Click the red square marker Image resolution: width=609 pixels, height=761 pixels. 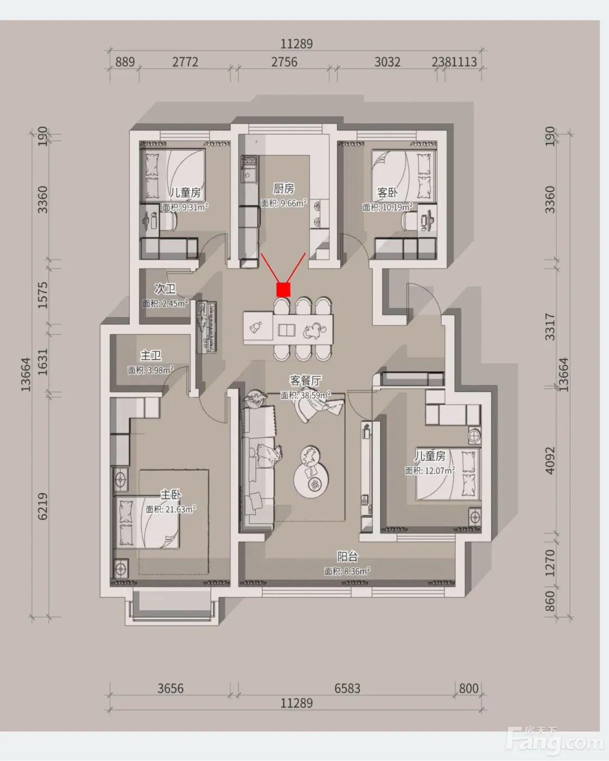[x=283, y=289]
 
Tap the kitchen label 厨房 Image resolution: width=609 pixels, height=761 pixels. [x=284, y=189]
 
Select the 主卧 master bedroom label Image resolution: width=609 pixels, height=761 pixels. [x=171, y=494]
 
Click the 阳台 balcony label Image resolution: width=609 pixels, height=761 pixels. [x=348, y=557]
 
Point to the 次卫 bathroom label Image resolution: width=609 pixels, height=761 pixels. [x=165, y=289]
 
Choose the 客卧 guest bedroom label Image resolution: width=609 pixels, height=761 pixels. [x=387, y=193]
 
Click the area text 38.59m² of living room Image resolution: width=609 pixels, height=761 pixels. [x=306, y=395]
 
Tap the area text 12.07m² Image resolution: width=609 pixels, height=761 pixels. [x=430, y=471]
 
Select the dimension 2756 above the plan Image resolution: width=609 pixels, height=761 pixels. [x=284, y=62]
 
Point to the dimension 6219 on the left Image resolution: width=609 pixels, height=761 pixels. [x=42, y=507]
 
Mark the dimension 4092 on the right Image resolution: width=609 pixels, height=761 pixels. [x=550, y=460]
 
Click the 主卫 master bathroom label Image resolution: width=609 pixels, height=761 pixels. [x=150, y=355]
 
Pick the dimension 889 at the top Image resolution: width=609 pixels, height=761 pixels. [x=125, y=62]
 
